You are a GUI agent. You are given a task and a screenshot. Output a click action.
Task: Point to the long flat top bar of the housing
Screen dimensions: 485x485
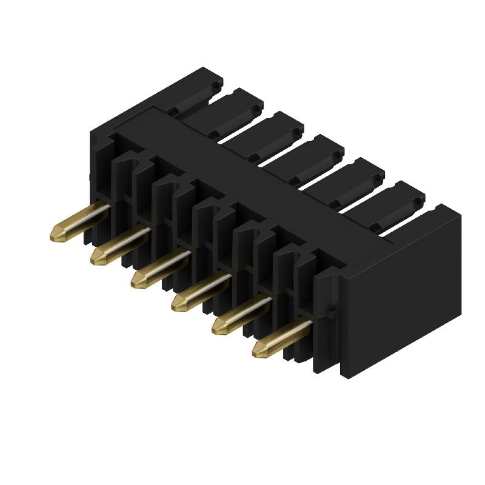coord(242,176)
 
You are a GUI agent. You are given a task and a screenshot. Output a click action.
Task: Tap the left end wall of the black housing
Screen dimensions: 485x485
coord(100,158)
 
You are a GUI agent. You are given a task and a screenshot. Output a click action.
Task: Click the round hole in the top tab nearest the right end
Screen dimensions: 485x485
coord(419,198)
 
